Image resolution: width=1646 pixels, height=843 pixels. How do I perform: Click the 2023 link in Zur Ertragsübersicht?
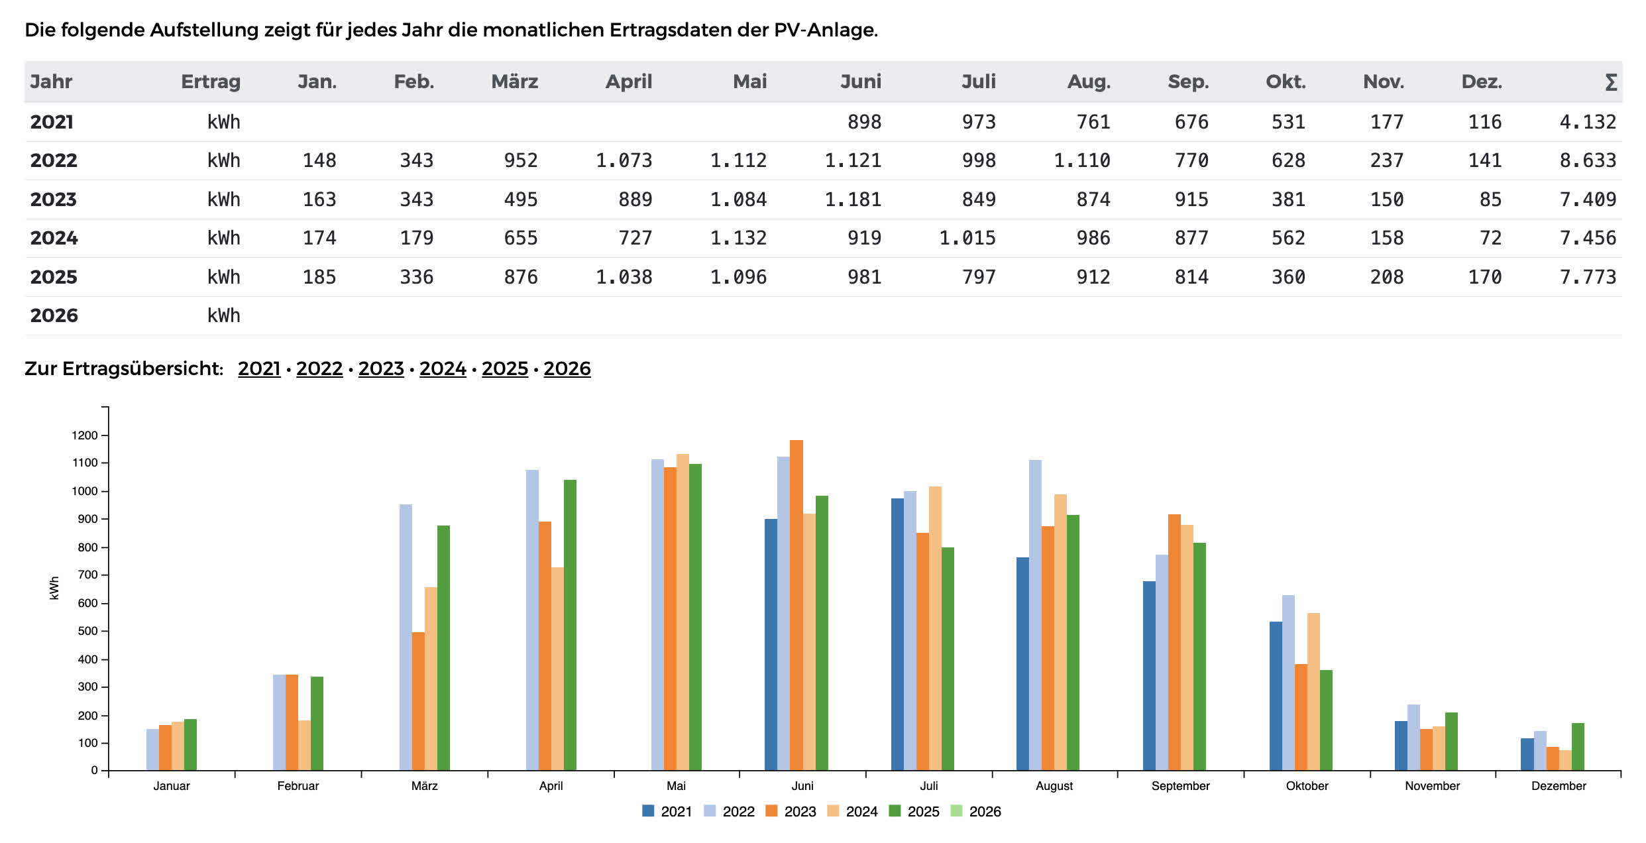pos(381,368)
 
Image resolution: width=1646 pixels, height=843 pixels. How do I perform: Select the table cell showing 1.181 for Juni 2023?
pos(853,199)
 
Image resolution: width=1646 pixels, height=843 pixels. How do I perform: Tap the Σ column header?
pos(1611,82)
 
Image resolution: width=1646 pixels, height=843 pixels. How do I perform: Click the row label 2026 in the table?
pos(54,315)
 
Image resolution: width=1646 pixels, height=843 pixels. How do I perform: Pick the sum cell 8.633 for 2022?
pos(1588,160)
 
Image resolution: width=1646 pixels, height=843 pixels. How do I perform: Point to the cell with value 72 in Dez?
pos(1490,238)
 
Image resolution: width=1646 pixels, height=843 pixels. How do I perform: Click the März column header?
pos(514,82)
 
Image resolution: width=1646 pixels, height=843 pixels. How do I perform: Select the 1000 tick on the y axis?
pos(84,491)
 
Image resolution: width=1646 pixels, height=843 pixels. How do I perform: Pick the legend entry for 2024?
pos(853,811)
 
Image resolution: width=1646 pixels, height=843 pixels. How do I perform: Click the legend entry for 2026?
pos(976,811)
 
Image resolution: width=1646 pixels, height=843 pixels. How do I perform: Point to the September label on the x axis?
pos(1180,786)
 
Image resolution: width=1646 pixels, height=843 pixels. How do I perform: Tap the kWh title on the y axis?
pos(54,588)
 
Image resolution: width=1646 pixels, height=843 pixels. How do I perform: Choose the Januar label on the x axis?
pos(172,786)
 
